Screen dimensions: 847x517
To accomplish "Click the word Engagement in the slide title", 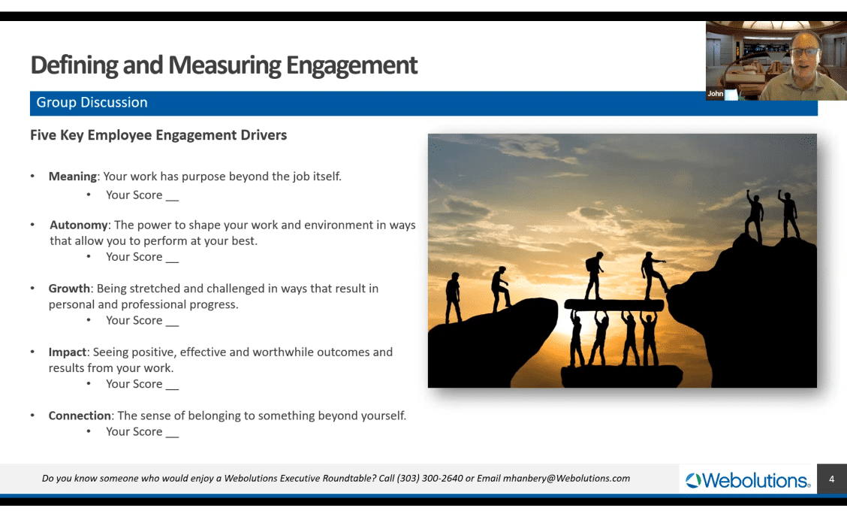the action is tap(351, 65).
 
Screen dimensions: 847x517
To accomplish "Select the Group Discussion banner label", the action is tap(92, 102).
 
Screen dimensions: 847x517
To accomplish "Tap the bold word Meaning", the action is tap(72, 177).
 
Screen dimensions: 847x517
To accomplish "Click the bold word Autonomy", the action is tap(79, 225).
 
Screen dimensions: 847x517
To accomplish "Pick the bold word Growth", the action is tap(69, 289).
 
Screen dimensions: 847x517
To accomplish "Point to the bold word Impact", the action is tap(68, 352).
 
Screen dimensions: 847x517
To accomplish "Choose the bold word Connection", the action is tap(80, 416).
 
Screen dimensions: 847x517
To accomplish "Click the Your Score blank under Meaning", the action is tap(142, 195).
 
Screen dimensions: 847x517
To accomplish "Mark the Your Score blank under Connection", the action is tap(142, 431).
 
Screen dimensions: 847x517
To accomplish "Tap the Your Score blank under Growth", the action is tap(142, 320).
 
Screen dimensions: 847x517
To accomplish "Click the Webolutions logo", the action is tap(748, 479).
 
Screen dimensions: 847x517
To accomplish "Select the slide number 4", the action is tap(831, 479).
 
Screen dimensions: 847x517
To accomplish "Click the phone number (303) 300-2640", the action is tap(430, 478).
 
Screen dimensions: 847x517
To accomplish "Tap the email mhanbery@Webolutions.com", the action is tap(566, 478).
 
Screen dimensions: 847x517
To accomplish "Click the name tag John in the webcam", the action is tap(715, 94).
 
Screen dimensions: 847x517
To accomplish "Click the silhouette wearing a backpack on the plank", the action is tap(594, 275).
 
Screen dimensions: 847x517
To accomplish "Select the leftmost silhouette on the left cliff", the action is tap(453, 297).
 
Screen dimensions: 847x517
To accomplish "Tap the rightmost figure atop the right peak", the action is tap(789, 213).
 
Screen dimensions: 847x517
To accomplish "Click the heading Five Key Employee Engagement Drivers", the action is tap(158, 135).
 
